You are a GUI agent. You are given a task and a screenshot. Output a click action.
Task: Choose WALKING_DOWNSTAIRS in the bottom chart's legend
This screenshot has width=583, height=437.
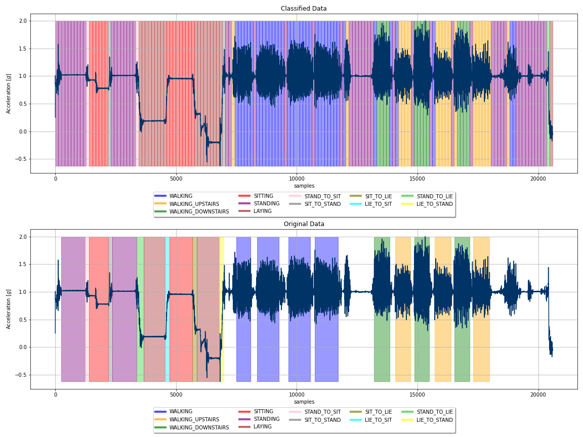(199, 427)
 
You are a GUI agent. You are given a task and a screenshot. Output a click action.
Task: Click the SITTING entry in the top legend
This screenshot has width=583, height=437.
(263, 196)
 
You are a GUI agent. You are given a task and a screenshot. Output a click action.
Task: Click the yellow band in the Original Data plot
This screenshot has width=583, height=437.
(222, 303)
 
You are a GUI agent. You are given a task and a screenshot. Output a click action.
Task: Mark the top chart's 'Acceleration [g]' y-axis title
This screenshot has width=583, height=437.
(9, 94)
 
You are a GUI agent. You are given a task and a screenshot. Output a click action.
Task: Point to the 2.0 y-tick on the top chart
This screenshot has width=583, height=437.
(23, 21)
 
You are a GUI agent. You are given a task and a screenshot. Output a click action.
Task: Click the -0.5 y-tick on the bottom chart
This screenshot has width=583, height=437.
(22, 375)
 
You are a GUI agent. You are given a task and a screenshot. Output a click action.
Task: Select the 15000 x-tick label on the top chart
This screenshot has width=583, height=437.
(418, 179)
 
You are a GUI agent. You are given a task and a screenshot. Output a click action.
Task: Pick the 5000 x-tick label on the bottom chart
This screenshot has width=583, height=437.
(176, 394)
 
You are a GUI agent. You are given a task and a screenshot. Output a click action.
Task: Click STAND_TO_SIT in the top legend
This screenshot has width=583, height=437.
(322, 196)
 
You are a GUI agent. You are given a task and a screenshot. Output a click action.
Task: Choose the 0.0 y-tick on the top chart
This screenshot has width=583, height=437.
(23, 132)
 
